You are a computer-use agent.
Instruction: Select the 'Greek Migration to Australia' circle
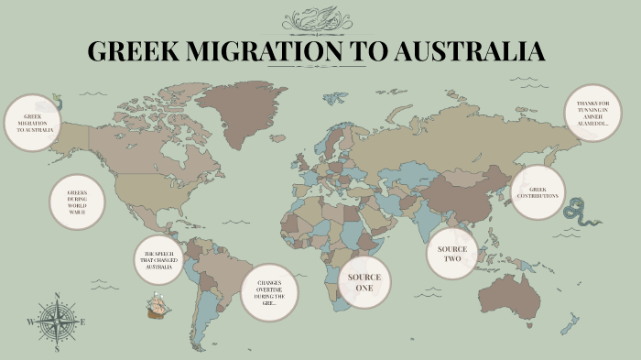tap(33, 124)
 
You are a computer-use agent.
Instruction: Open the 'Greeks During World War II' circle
tap(77, 202)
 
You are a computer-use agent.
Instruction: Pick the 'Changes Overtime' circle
tap(269, 293)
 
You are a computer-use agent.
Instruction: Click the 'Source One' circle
tap(364, 282)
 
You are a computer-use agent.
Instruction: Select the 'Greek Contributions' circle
tap(538, 192)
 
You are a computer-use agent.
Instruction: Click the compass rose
tap(57, 322)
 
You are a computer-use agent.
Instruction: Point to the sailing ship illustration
tap(158, 306)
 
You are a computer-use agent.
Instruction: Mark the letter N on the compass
tap(57, 296)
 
